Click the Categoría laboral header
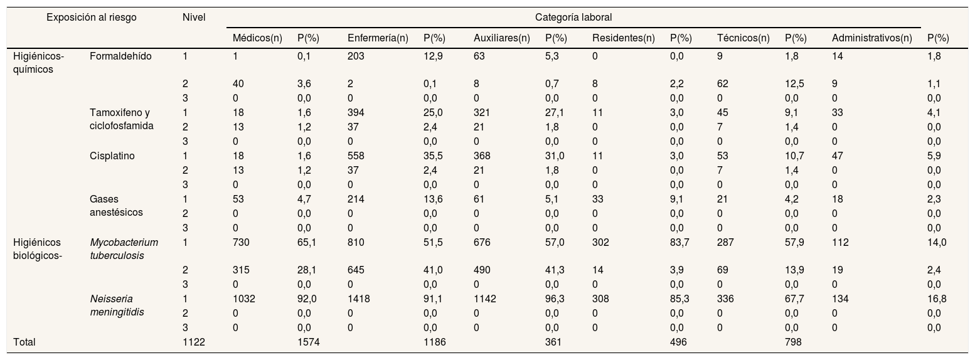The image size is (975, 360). pos(573,18)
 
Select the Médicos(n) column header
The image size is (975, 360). pos(257,38)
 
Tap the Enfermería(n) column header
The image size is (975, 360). pos(378,38)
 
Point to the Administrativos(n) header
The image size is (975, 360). pos(872,38)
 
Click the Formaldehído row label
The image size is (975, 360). pos(120,56)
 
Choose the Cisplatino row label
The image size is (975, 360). pos(112,156)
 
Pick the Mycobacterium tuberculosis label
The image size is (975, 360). pos(124,249)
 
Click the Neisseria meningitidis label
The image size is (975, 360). pos(117,305)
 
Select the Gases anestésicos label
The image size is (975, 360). pos(116,206)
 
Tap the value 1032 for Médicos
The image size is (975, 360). pos(243,299)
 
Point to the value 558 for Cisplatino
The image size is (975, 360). pos(356,156)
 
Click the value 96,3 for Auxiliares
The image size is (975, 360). pos(555,299)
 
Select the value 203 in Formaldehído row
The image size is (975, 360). pos(356,56)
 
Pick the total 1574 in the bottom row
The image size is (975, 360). pos(309,342)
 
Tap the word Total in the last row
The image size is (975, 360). pos(24,342)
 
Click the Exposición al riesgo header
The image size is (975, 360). pos(92,18)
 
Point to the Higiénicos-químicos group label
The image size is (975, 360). pos(39,63)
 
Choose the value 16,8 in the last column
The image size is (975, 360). pos(937,299)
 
